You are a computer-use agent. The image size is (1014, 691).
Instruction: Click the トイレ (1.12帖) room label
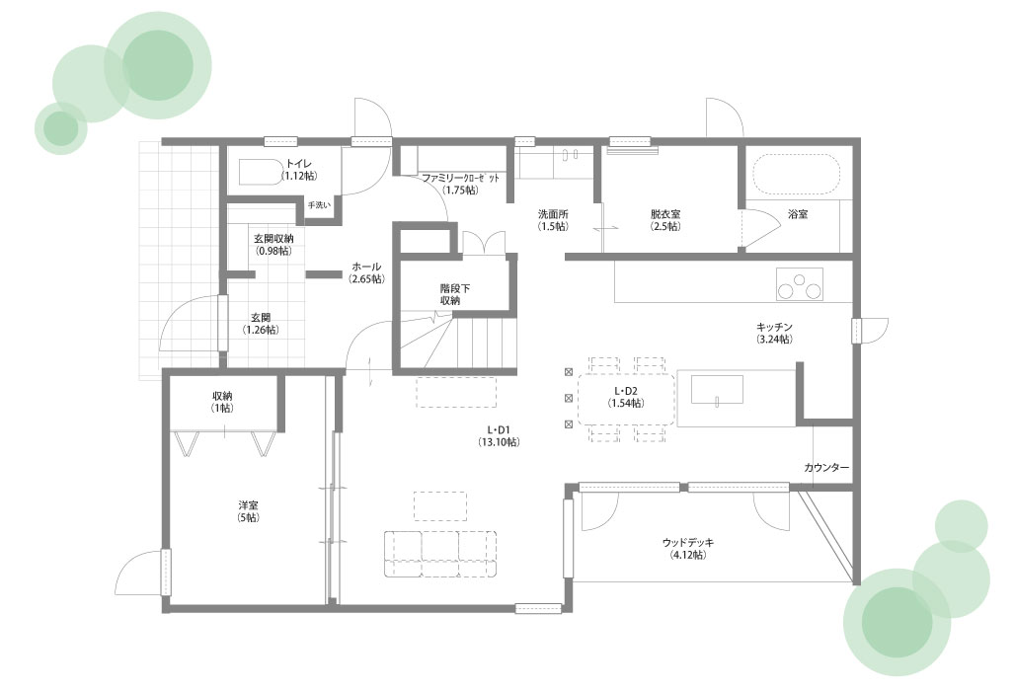click(299, 170)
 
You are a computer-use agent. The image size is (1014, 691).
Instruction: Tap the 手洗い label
click(319, 205)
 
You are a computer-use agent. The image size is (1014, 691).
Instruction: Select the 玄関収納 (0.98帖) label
click(273, 244)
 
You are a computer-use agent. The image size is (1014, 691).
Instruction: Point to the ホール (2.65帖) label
click(366, 272)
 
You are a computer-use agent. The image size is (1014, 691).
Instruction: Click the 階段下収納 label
click(455, 294)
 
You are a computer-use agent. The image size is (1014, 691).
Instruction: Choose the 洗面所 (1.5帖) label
click(554, 220)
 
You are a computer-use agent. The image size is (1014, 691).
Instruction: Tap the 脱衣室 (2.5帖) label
click(665, 220)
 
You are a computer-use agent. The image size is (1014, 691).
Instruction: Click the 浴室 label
click(798, 214)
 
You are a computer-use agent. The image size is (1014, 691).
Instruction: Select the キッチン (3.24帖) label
click(774, 333)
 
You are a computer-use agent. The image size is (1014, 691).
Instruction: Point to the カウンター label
click(826, 467)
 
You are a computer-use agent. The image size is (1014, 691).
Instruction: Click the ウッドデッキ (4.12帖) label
click(688, 548)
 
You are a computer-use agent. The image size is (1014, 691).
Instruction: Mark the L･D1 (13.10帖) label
click(498, 435)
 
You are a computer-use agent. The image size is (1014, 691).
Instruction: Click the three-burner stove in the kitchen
click(800, 283)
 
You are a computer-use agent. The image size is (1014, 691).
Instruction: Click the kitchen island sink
click(717, 390)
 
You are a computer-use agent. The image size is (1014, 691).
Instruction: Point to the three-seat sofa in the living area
click(440, 554)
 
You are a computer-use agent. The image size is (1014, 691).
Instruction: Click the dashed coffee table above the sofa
click(440, 506)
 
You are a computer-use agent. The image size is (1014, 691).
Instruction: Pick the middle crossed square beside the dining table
click(569, 398)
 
